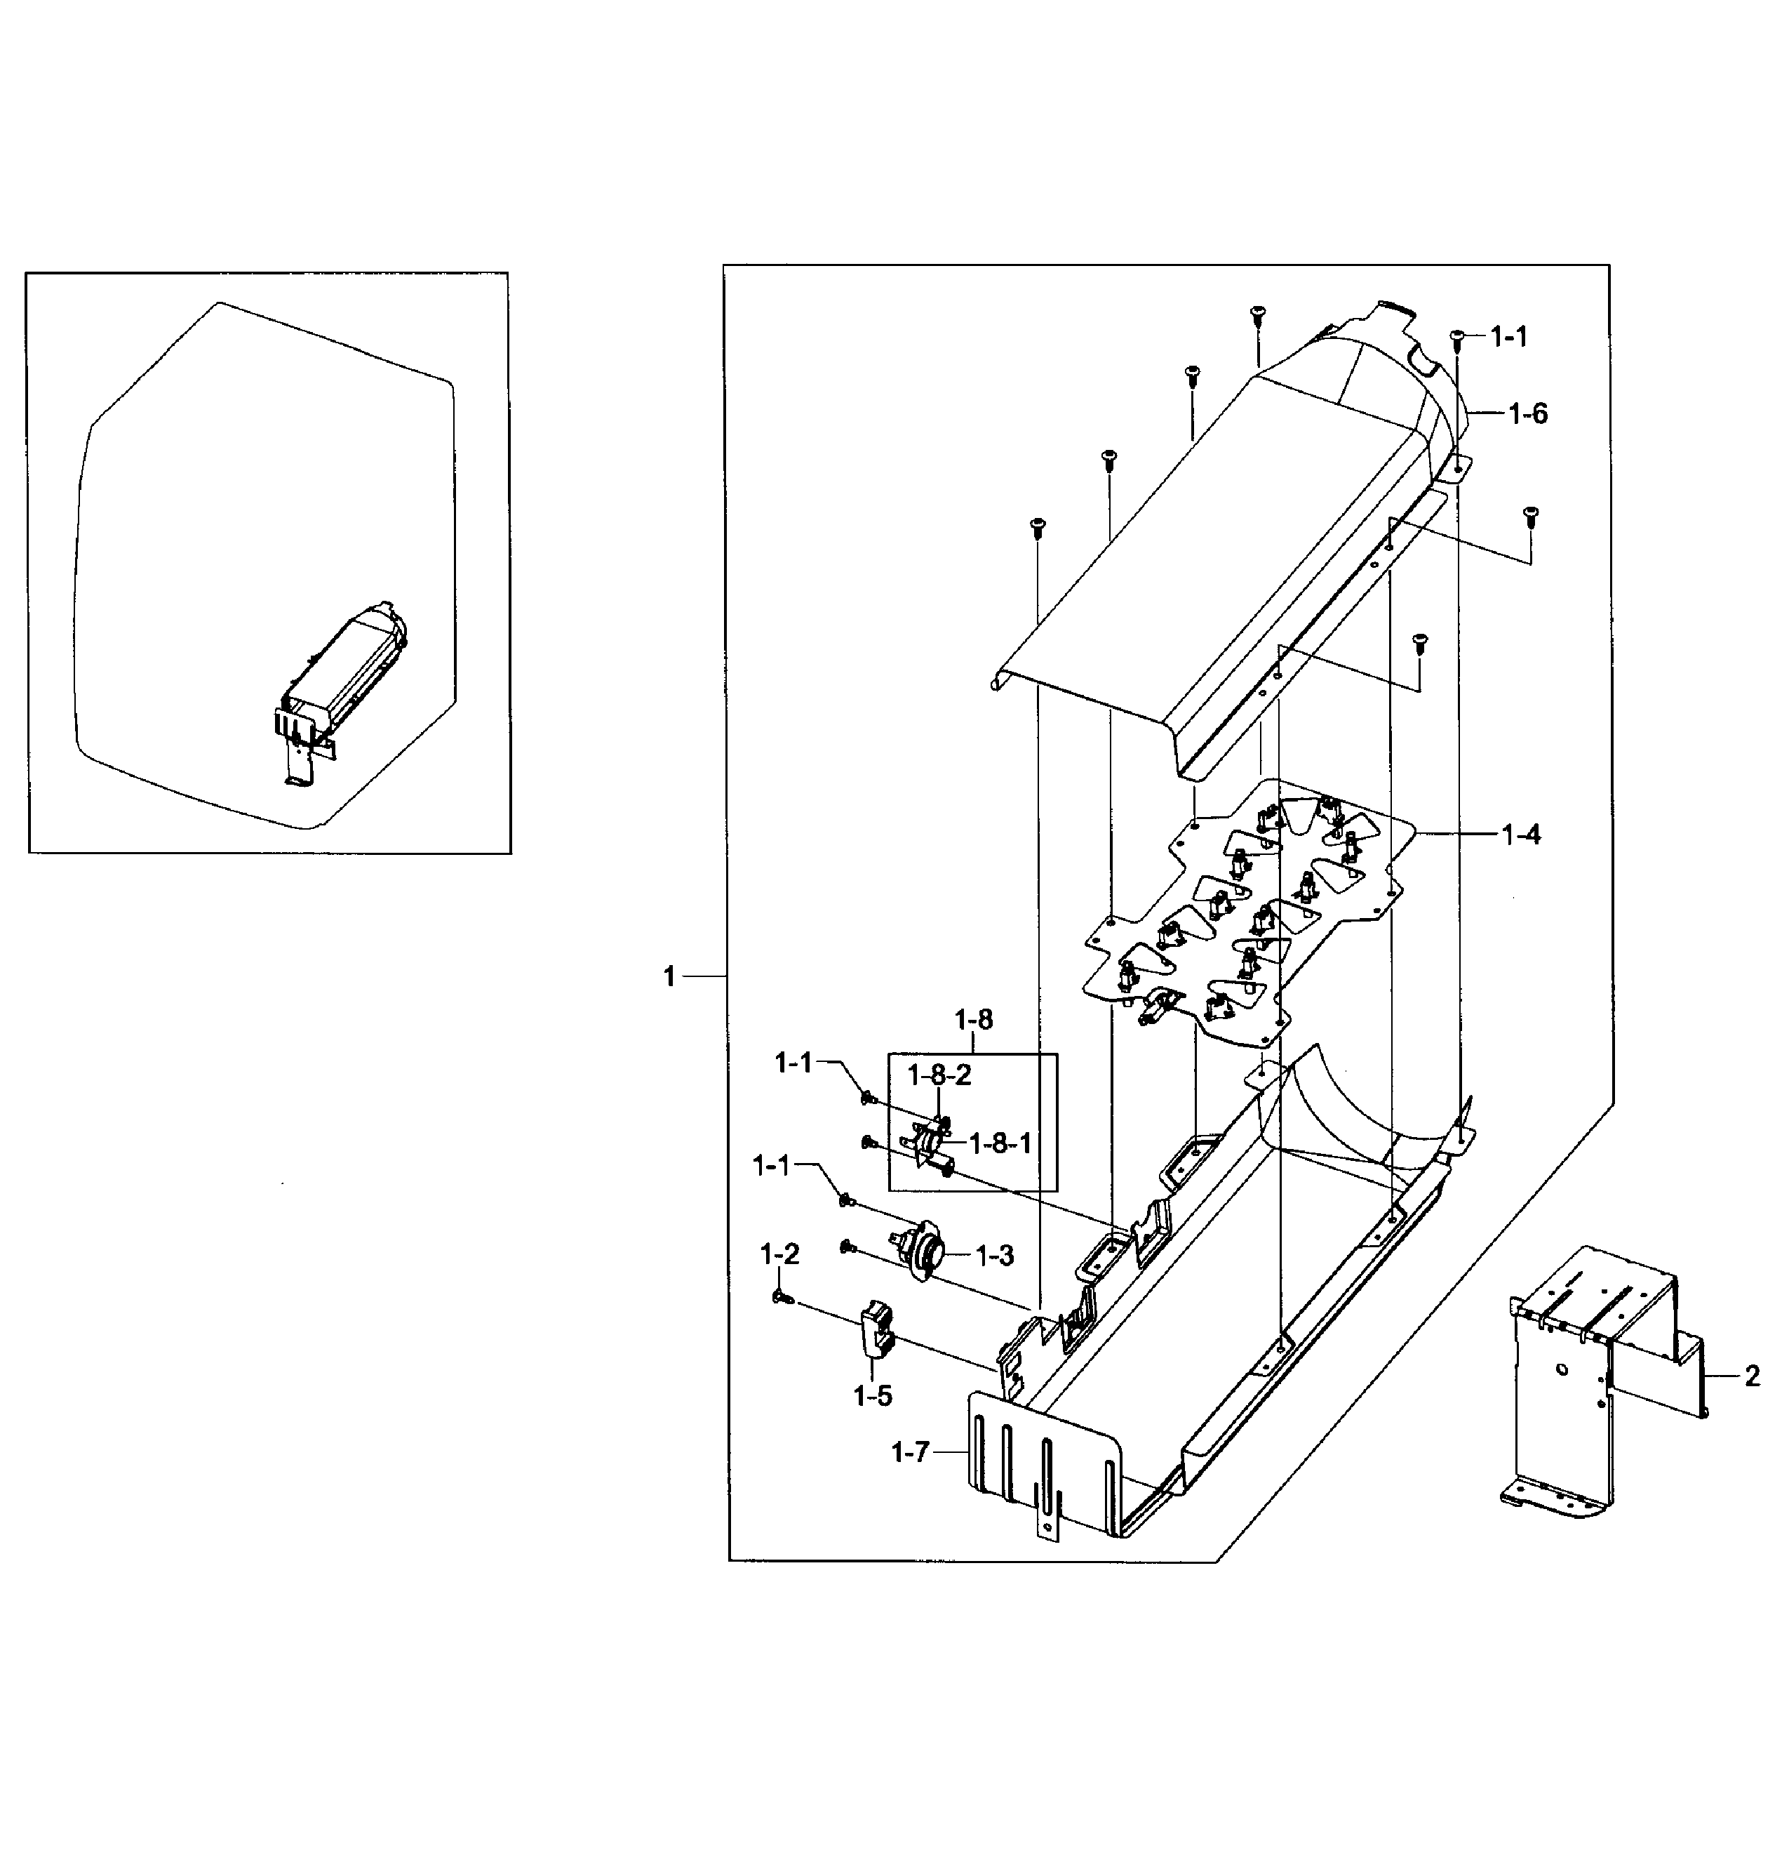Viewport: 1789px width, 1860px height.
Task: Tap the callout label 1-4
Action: [x=1520, y=835]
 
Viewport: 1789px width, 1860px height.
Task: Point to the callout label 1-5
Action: [x=873, y=1396]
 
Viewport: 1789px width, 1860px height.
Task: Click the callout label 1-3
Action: [x=994, y=1256]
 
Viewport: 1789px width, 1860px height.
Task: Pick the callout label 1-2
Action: [x=779, y=1254]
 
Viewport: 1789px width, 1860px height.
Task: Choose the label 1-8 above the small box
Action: [x=973, y=1020]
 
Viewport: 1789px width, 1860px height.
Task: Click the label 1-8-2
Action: [x=940, y=1075]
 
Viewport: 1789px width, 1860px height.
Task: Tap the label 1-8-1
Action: [x=1000, y=1143]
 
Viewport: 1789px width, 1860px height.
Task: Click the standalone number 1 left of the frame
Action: [x=670, y=976]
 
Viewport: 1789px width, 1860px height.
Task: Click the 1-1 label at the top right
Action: [x=1508, y=336]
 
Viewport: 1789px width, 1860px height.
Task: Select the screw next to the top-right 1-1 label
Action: [x=1458, y=336]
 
